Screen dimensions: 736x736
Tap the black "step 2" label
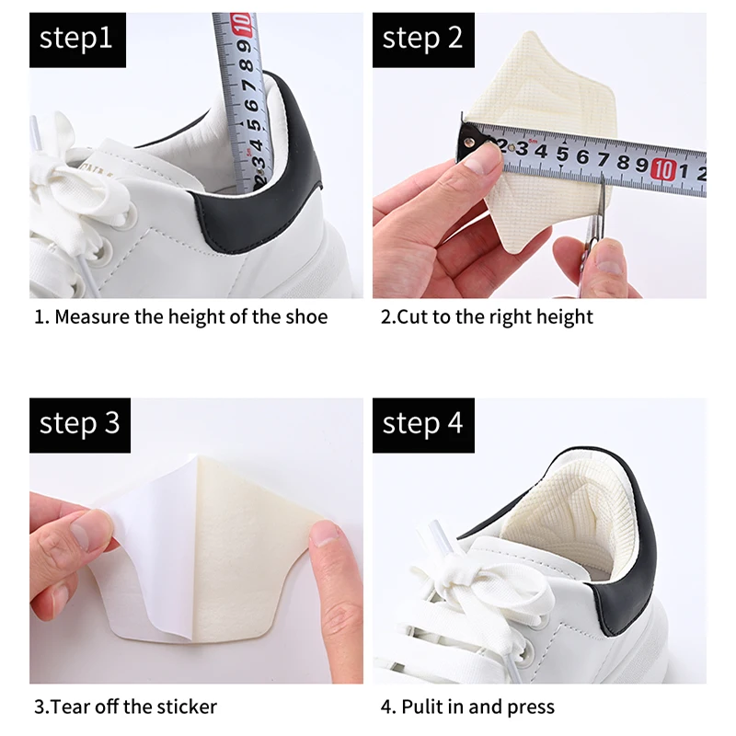coord(422,40)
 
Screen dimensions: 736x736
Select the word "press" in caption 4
coord(529,707)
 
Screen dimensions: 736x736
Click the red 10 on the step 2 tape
coord(663,167)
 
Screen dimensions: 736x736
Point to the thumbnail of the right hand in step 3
coord(323,534)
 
